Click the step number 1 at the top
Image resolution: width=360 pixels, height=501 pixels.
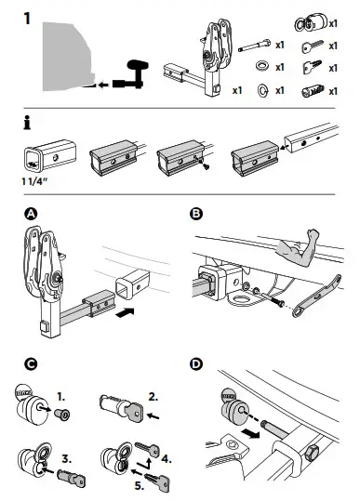27,19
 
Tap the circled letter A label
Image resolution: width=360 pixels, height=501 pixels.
31,214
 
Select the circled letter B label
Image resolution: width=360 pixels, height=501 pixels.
196,214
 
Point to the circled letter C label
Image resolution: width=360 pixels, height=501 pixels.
31,364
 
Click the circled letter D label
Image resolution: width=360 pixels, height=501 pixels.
196,364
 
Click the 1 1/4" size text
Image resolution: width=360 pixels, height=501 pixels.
34,181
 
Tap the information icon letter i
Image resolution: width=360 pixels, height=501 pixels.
28,123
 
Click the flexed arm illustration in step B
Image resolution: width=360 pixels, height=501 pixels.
298,244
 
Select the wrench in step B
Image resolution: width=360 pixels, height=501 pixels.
316,297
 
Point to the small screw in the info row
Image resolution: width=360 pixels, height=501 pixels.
205,165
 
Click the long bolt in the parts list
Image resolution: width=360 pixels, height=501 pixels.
255,46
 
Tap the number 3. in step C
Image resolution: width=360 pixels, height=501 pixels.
66,459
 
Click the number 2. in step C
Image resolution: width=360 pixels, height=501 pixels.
153,397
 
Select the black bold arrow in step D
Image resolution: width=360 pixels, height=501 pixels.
250,433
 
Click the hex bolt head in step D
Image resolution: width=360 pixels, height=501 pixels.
312,454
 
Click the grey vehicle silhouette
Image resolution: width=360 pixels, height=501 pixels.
66,57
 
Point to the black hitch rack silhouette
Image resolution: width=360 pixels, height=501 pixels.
131,75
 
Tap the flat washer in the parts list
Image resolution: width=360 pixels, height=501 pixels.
262,67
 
